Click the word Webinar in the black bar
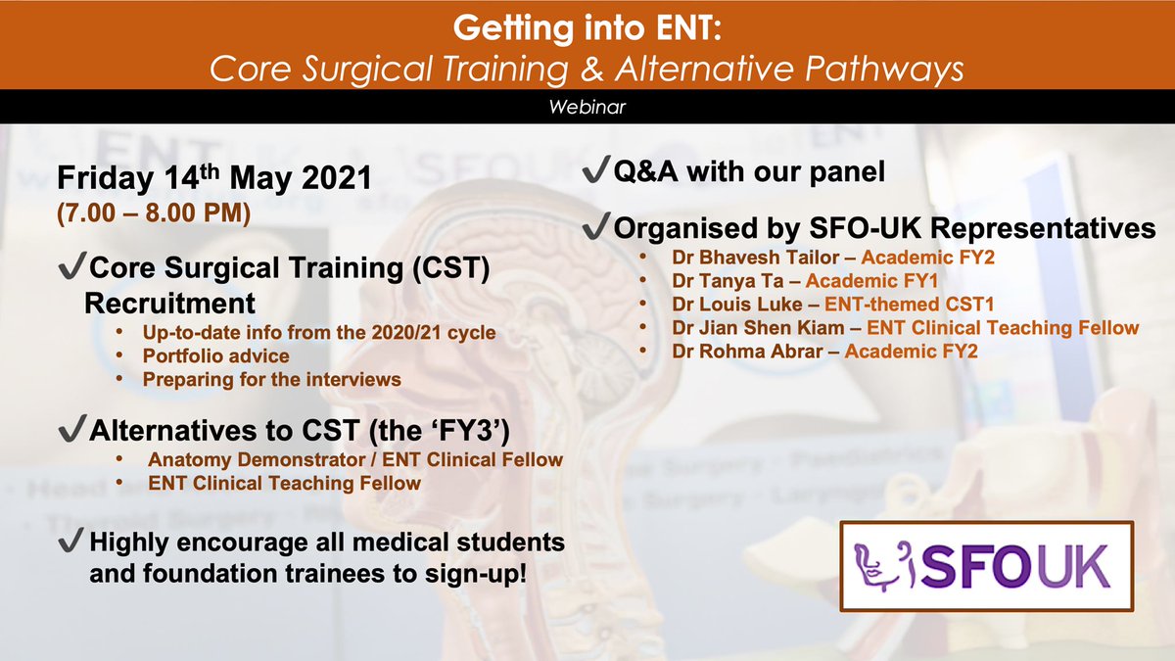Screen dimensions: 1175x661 coord(587,107)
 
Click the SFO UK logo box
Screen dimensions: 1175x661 coord(987,567)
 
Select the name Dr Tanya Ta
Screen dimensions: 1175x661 coord(728,281)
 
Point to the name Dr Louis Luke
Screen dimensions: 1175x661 coord(737,305)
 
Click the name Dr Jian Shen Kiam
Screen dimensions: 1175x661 coord(758,328)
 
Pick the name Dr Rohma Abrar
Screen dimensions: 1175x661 coord(747,352)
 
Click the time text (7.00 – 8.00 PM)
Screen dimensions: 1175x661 coord(154,213)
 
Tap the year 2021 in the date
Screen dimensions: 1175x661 coord(337,178)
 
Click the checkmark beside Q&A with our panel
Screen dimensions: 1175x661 coord(596,168)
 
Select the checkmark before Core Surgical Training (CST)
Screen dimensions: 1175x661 coord(71,265)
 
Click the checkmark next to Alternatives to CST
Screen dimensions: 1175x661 coord(71,428)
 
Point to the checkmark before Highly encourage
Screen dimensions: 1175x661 coord(71,540)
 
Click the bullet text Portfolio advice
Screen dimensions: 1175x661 coord(215,356)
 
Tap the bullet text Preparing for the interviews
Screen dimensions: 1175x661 coord(272,380)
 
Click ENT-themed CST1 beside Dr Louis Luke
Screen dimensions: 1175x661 coord(909,305)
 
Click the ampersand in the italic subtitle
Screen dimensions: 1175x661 coord(591,70)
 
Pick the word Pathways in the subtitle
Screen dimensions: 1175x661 coord(884,70)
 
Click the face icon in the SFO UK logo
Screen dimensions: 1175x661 coord(885,567)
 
